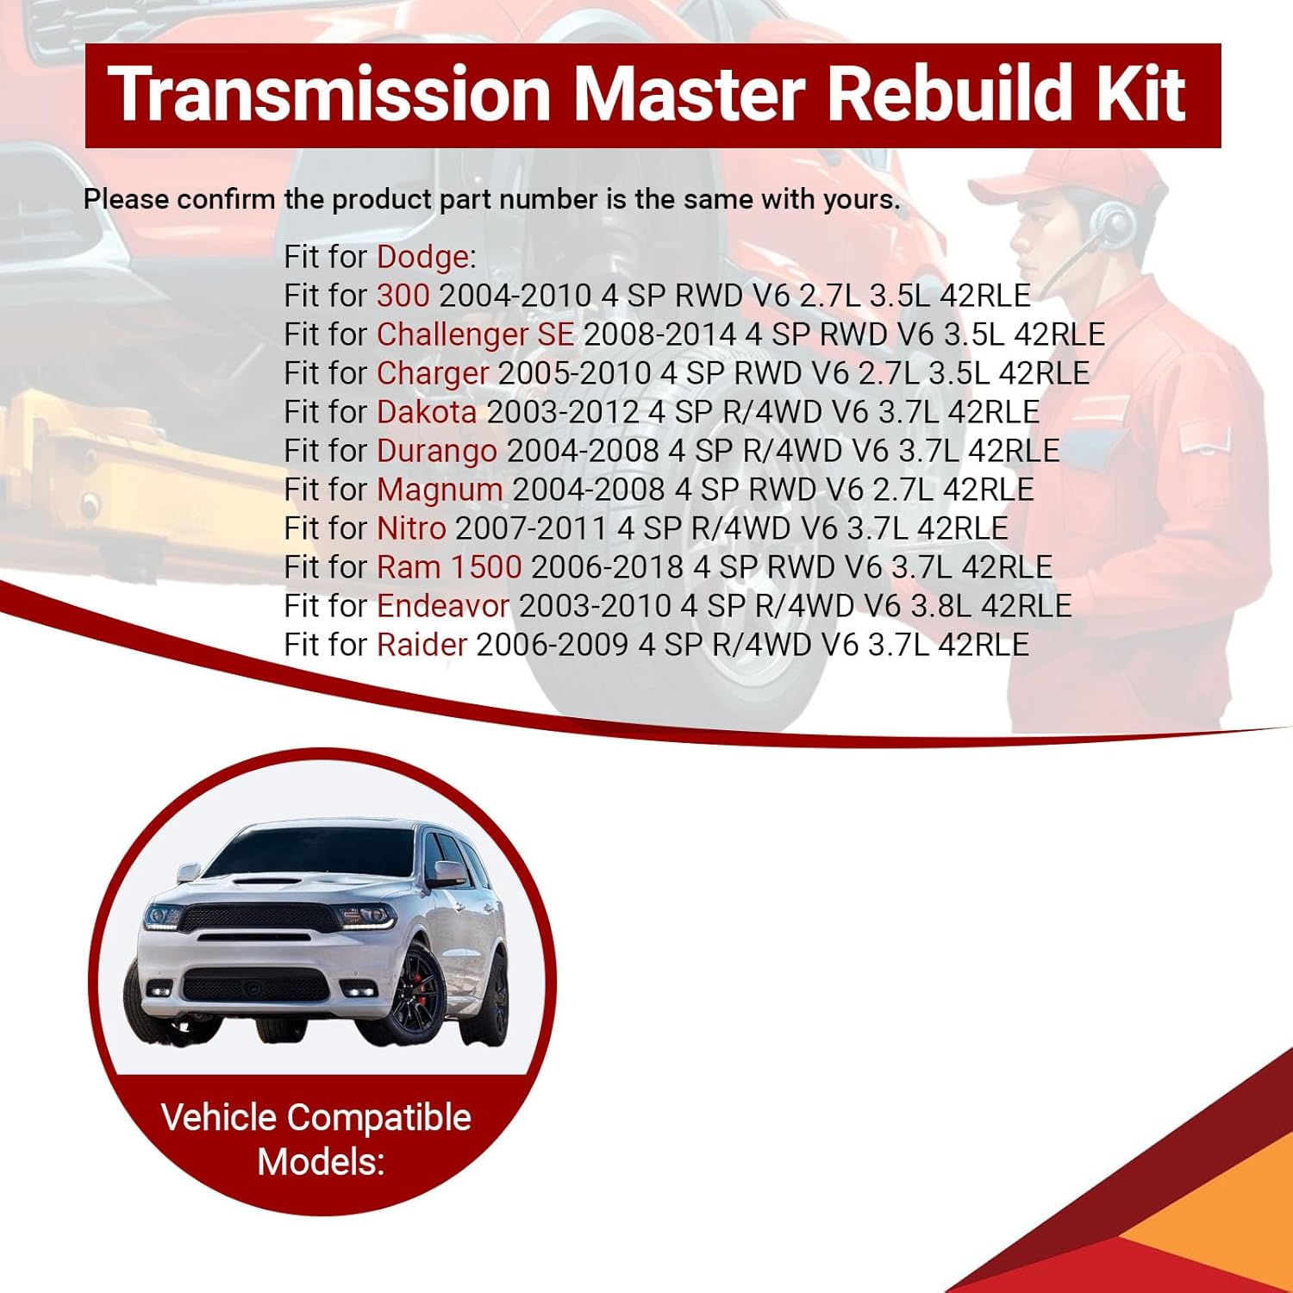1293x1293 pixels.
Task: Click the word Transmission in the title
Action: (x=328, y=94)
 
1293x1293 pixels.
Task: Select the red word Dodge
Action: (x=422, y=257)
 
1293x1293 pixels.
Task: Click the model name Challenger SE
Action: (x=475, y=334)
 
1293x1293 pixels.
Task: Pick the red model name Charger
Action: (x=433, y=373)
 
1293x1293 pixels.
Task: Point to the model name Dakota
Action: (x=427, y=412)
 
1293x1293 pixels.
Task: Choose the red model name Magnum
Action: (x=440, y=490)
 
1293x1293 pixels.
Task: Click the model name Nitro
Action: (x=411, y=528)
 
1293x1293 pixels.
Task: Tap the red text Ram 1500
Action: (x=449, y=567)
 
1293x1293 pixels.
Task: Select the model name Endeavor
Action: (x=443, y=606)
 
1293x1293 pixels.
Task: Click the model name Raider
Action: (x=422, y=645)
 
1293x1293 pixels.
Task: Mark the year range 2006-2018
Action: (x=607, y=567)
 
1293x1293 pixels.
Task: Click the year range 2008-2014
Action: (x=659, y=334)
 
